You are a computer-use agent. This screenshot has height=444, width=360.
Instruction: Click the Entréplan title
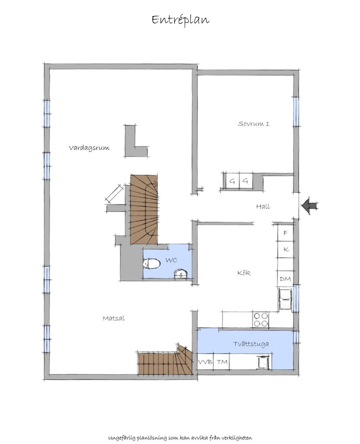[x=180, y=20]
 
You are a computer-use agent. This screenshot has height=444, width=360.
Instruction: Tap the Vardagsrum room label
[x=89, y=148]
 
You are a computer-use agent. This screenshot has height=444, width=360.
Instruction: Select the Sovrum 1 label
[x=253, y=124]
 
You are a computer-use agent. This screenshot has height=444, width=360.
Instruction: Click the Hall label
[x=263, y=207]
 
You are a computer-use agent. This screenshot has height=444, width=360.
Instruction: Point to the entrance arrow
[x=310, y=206]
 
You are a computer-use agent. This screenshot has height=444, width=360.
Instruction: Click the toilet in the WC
[x=151, y=264]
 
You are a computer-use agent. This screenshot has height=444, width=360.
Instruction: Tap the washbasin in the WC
[x=181, y=273]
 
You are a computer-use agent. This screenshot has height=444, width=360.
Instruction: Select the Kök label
[x=244, y=273]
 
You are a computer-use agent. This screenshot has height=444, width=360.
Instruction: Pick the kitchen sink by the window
[x=285, y=299]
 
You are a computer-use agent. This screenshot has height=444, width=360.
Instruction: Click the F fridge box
[x=285, y=233]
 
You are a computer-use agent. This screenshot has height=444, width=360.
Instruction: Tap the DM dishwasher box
[x=285, y=279]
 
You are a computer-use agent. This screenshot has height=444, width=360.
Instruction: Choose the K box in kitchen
[x=285, y=249]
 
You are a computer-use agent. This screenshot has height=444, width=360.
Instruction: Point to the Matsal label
[x=113, y=318]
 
